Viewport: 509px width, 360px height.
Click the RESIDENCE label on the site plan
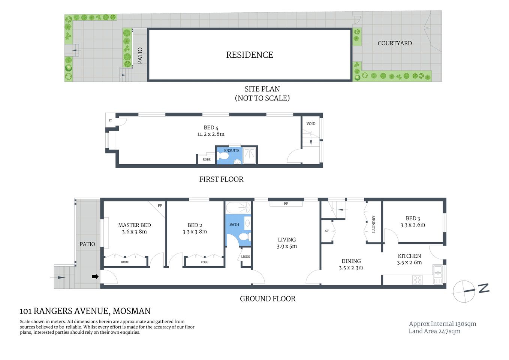[x=250, y=55]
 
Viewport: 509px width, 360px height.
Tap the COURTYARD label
[x=394, y=43]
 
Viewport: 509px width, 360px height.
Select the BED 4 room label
[x=211, y=127]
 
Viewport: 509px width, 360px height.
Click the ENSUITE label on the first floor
[x=232, y=150]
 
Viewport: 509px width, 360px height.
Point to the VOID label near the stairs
[x=311, y=123]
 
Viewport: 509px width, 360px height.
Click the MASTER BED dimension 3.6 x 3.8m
[x=134, y=232]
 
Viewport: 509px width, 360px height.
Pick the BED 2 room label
[x=195, y=225]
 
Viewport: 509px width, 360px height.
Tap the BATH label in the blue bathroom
[x=234, y=224]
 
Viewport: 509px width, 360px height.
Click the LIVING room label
[x=287, y=240]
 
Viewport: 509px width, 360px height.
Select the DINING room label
[x=351, y=261]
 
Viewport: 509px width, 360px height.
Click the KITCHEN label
[x=409, y=256]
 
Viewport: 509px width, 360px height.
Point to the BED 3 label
[x=413, y=218]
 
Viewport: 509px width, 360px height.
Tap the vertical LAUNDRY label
[x=374, y=224]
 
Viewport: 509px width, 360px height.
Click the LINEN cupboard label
[x=246, y=256]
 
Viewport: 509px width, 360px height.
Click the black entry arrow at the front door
[x=95, y=276]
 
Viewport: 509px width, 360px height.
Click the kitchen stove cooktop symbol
[x=417, y=279]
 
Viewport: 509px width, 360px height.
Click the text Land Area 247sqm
[x=434, y=331]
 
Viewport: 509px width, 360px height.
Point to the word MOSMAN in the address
[x=132, y=311]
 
